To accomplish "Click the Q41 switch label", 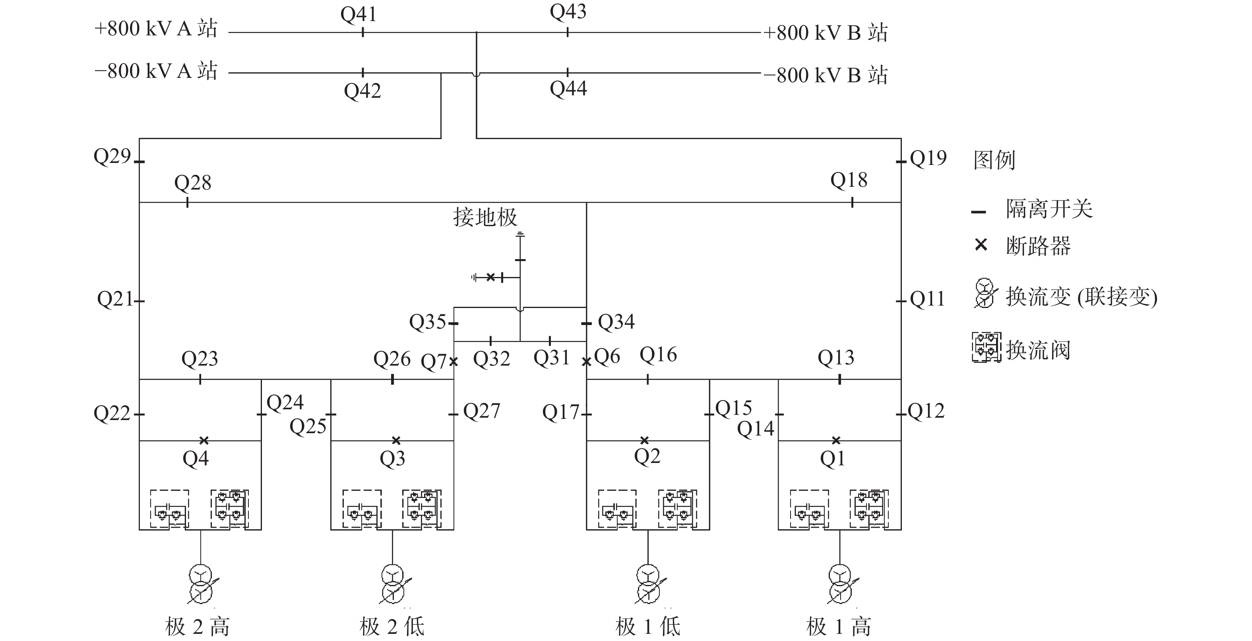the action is [x=359, y=15].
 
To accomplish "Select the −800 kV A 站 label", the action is [x=156, y=71].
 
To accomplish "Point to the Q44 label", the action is [x=568, y=89].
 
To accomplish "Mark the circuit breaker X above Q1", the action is [x=836, y=440].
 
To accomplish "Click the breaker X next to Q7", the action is [x=454, y=362].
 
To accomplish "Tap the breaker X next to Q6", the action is [x=587, y=362].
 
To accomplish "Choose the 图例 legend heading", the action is [x=994, y=160].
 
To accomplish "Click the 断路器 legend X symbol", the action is [x=981, y=244].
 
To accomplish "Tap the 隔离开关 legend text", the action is [x=1049, y=209].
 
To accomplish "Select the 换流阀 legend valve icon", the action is [x=986, y=347].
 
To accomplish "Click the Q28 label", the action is [x=193, y=183].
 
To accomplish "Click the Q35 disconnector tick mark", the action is [x=454, y=323].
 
